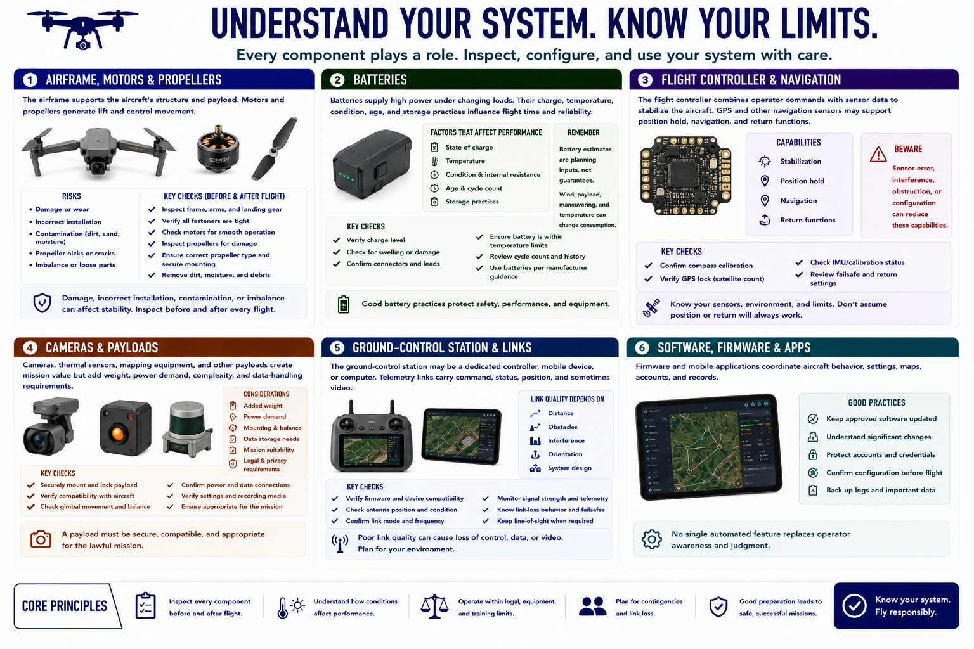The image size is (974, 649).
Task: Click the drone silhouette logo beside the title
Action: click(82, 29)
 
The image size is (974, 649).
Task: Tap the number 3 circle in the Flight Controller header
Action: click(645, 80)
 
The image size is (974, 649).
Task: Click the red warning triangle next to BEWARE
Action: click(878, 154)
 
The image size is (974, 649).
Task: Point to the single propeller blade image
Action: click(275, 149)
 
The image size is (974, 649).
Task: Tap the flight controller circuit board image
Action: click(685, 175)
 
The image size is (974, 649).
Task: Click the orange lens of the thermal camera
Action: click(118, 434)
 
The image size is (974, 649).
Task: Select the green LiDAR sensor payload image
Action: click(188, 429)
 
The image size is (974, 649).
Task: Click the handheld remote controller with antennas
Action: click(372, 436)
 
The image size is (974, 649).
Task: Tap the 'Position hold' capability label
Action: click(802, 181)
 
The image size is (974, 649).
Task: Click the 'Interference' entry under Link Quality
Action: click(566, 440)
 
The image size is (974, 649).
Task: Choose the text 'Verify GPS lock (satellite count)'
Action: click(712, 279)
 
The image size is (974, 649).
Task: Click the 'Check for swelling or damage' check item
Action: click(393, 252)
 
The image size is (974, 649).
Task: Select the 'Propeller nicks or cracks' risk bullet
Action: click(75, 253)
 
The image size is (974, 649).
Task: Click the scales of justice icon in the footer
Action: click(434, 607)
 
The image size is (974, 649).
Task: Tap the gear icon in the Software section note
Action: click(651, 539)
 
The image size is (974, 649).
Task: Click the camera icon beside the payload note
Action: click(41, 539)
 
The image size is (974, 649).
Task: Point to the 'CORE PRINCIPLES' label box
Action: click(67, 606)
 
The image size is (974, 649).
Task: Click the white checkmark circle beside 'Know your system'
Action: click(854, 606)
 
